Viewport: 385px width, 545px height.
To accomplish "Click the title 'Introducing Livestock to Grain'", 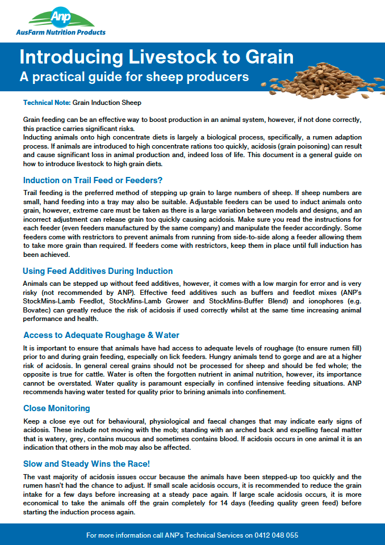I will pyautogui.click(x=156, y=58).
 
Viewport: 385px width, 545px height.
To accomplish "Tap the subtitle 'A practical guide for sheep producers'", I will pyautogui.click(x=134, y=76).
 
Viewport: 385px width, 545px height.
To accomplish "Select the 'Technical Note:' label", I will pyautogui.click(x=47, y=103).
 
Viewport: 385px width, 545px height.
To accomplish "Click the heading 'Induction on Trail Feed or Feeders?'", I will pyautogui.click(x=93, y=181).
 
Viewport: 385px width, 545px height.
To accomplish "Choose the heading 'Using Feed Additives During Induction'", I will pyautogui.click(x=98, y=271).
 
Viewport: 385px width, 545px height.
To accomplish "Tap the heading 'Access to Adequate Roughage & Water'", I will pyautogui.click(x=101, y=335).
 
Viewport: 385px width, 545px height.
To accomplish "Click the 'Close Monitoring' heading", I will pyautogui.click(x=57, y=408).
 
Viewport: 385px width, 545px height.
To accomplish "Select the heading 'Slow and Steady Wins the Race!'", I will pyautogui.click(x=86, y=464).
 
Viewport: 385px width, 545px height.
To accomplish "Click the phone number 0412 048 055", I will pyautogui.click(x=278, y=535).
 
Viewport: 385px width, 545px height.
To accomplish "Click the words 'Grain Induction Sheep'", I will pyautogui.click(x=107, y=103).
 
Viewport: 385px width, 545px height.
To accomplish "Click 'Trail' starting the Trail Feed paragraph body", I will pyautogui.click(x=32, y=192).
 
